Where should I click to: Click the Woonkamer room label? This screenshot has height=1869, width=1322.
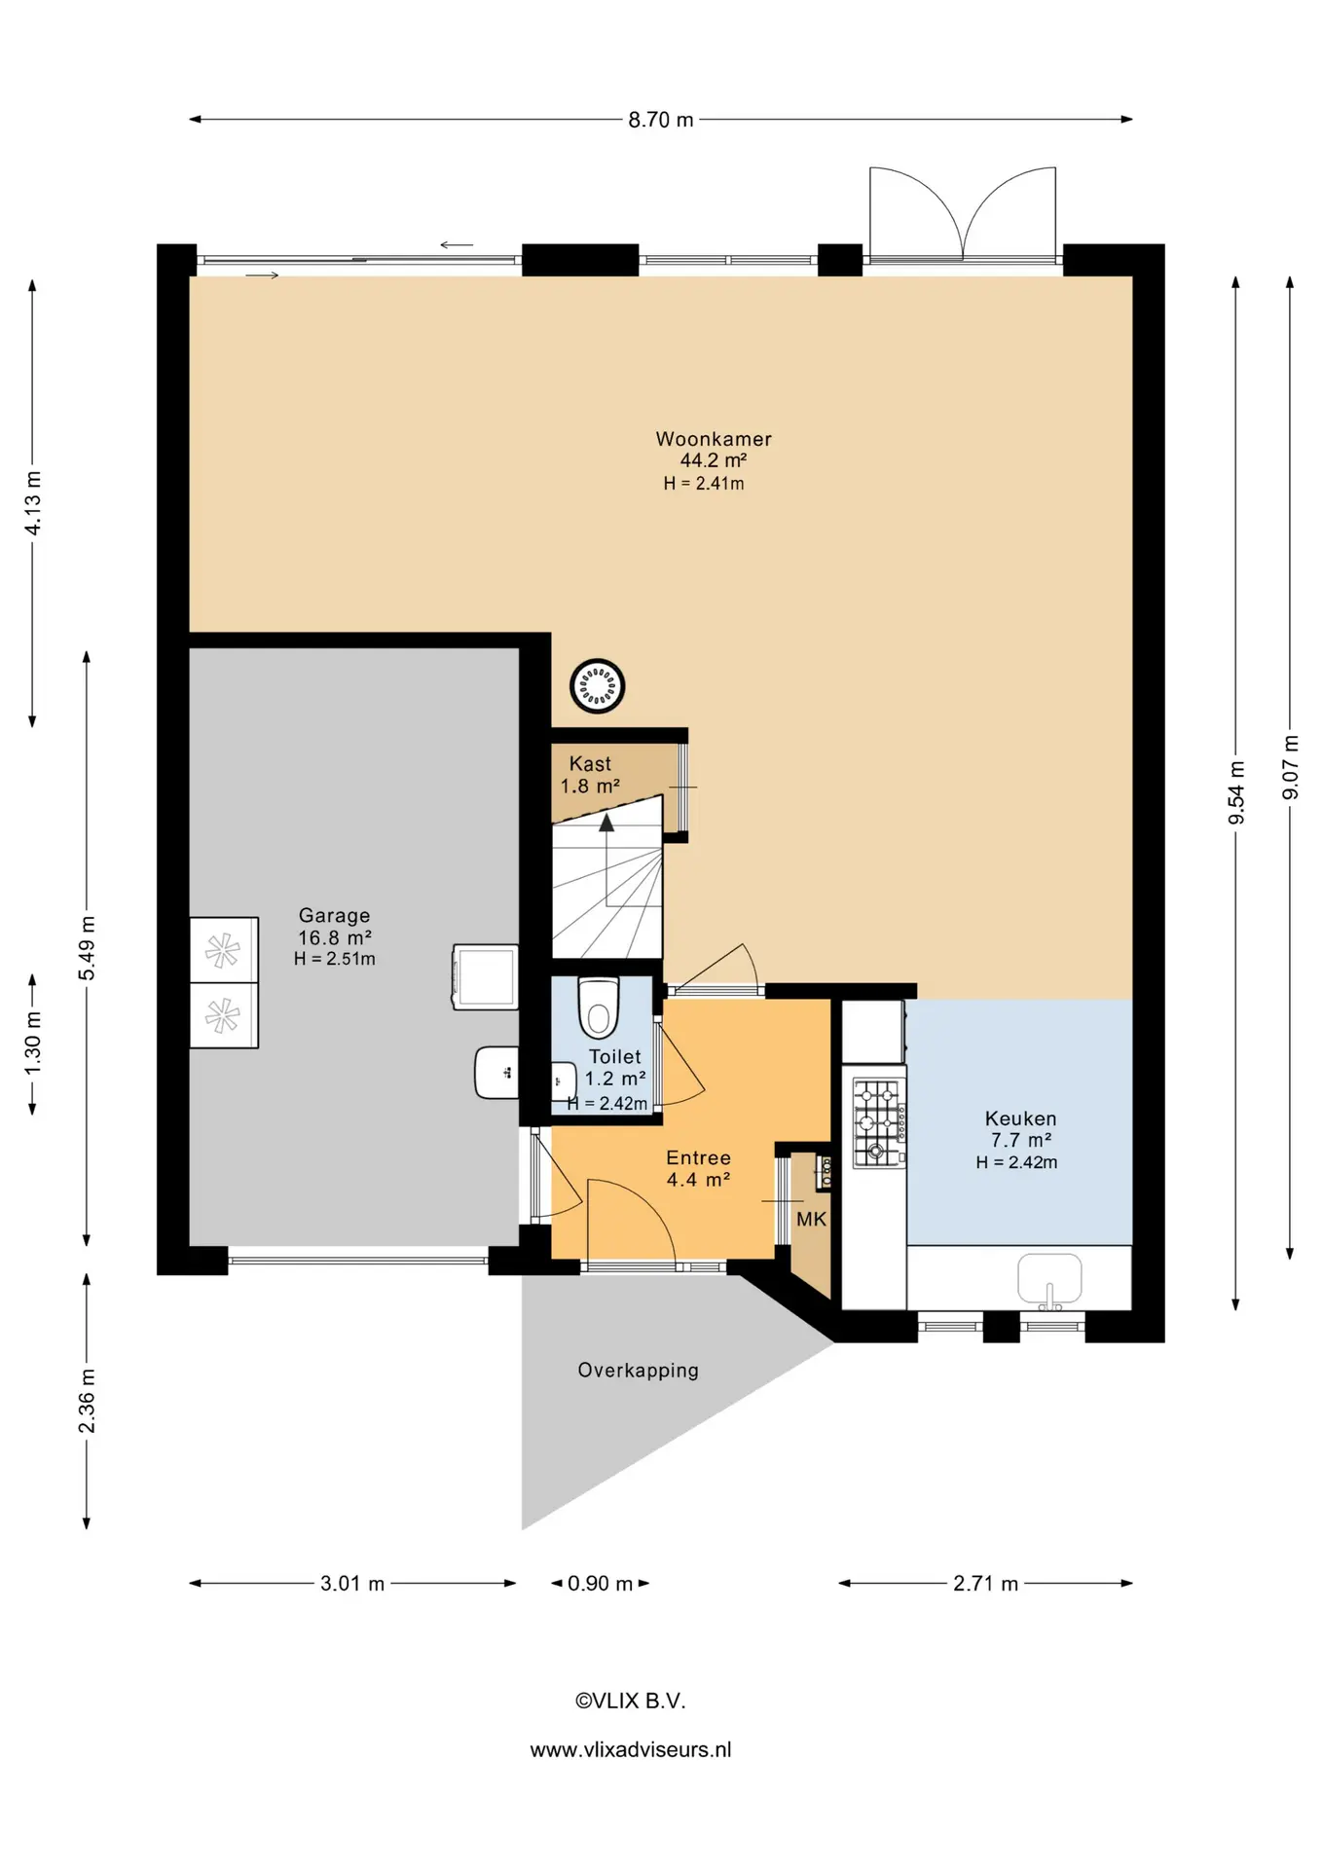[x=714, y=439]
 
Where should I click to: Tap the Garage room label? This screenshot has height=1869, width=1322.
[x=334, y=915]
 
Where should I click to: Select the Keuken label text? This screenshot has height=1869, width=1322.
[x=1020, y=1118]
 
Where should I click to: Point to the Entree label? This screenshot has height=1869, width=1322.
[x=698, y=1157]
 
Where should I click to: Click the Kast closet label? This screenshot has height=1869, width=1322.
[x=590, y=764]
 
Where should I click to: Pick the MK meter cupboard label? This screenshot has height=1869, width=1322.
[x=811, y=1219]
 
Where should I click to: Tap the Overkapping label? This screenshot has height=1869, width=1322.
[x=639, y=1371]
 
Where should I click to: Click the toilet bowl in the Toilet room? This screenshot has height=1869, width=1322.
[x=599, y=1008]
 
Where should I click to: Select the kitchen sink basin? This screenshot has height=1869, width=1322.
[x=1049, y=1279]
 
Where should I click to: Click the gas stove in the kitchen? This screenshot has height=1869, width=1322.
[x=880, y=1122]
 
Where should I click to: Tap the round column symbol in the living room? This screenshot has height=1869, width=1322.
[x=597, y=686]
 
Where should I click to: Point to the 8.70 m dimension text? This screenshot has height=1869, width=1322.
[x=661, y=120]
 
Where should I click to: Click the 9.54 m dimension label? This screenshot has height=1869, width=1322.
[x=1236, y=792]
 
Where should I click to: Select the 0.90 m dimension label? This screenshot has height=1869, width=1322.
[x=600, y=1584]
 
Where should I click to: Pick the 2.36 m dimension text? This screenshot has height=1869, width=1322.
[x=87, y=1401]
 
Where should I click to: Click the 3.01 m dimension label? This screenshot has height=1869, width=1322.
[x=352, y=1584]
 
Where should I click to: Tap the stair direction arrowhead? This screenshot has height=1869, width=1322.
[x=606, y=823]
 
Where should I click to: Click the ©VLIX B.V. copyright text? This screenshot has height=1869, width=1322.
[x=631, y=1701]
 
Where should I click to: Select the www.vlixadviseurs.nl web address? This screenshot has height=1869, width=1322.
[x=631, y=1749]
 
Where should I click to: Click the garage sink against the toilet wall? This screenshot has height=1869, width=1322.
[x=496, y=1073]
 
